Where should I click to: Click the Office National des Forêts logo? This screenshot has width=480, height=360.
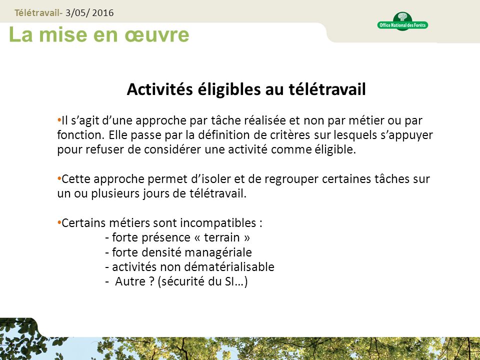pyautogui.click(x=402, y=21)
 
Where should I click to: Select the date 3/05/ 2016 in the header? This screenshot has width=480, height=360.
pyautogui.click(x=93, y=12)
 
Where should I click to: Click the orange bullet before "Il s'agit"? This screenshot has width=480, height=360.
pyautogui.click(x=59, y=120)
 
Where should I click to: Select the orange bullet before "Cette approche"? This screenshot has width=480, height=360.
pyautogui.click(x=59, y=178)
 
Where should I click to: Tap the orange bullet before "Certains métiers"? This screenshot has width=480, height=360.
pyautogui.click(x=59, y=221)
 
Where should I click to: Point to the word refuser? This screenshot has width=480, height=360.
pyautogui.click(x=102, y=150)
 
